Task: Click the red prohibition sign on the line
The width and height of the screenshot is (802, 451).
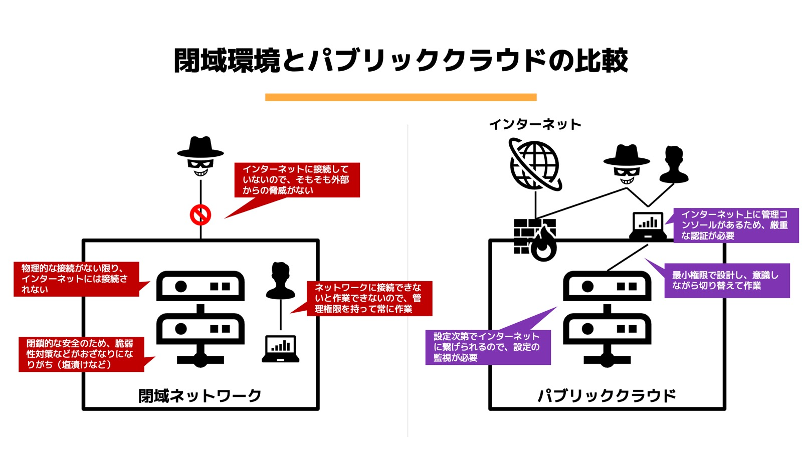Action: pyautogui.click(x=200, y=215)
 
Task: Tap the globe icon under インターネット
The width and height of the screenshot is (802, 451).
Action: pyautogui.click(x=535, y=165)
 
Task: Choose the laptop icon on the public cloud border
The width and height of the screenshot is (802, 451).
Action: pyautogui.click(x=648, y=226)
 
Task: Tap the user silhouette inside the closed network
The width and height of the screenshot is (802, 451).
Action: pyautogui.click(x=280, y=281)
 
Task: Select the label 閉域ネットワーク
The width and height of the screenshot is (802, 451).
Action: pyautogui.click(x=200, y=396)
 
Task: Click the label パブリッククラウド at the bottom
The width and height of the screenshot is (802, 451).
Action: pyautogui.click(x=607, y=396)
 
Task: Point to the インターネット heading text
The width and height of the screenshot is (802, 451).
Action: pyautogui.click(x=535, y=124)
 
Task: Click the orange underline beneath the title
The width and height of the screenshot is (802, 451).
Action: pyautogui.click(x=400, y=97)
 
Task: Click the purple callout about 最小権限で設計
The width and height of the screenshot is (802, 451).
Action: pyautogui.click(x=727, y=281)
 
